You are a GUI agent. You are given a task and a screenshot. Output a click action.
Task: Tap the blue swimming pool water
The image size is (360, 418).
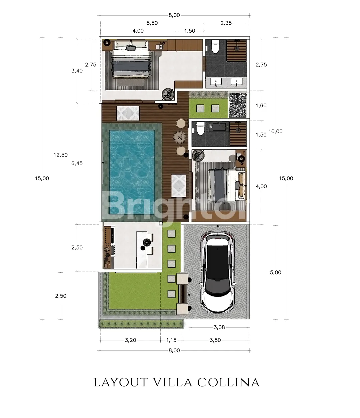(x=132, y=172)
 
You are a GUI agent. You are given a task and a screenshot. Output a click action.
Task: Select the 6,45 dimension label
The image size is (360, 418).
(x=77, y=163)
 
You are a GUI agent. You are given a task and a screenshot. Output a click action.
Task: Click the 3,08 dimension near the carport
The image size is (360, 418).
(x=219, y=327)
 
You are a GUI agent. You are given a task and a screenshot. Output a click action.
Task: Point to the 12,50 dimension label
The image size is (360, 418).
(x=61, y=155)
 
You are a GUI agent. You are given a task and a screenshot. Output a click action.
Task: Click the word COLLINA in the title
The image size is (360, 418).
(x=228, y=383)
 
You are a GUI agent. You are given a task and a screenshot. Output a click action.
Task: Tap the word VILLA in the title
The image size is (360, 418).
(x=172, y=383)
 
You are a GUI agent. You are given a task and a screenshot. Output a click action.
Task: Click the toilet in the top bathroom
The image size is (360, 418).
(x=215, y=46)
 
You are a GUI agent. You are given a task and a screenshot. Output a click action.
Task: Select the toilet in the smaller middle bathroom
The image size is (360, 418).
(x=201, y=128)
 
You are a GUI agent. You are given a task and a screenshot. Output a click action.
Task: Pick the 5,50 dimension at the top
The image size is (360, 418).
(x=152, y=23)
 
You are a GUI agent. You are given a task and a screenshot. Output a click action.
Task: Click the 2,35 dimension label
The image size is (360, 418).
(x=226, y=23)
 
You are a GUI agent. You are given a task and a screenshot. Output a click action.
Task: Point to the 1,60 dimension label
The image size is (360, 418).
(x=261, y=106)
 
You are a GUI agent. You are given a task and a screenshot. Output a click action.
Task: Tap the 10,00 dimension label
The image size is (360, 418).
(x=275, y=132)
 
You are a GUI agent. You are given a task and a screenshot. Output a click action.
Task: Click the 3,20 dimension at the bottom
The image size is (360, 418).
(x=131, y=340)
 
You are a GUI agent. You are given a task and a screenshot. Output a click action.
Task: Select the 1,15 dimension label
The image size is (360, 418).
(x=171, y=340)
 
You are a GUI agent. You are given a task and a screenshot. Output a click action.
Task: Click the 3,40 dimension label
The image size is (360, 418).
(x=77, y=71)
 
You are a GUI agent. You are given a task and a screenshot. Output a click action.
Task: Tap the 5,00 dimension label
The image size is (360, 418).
(x=275, y=272)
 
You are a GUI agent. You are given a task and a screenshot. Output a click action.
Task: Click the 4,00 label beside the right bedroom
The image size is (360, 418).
(x=261, y=187)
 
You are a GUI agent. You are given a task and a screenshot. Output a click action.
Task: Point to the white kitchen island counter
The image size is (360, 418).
(x=142, y=250)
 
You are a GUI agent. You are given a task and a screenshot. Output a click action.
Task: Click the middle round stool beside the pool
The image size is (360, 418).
(x=180, y=137)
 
